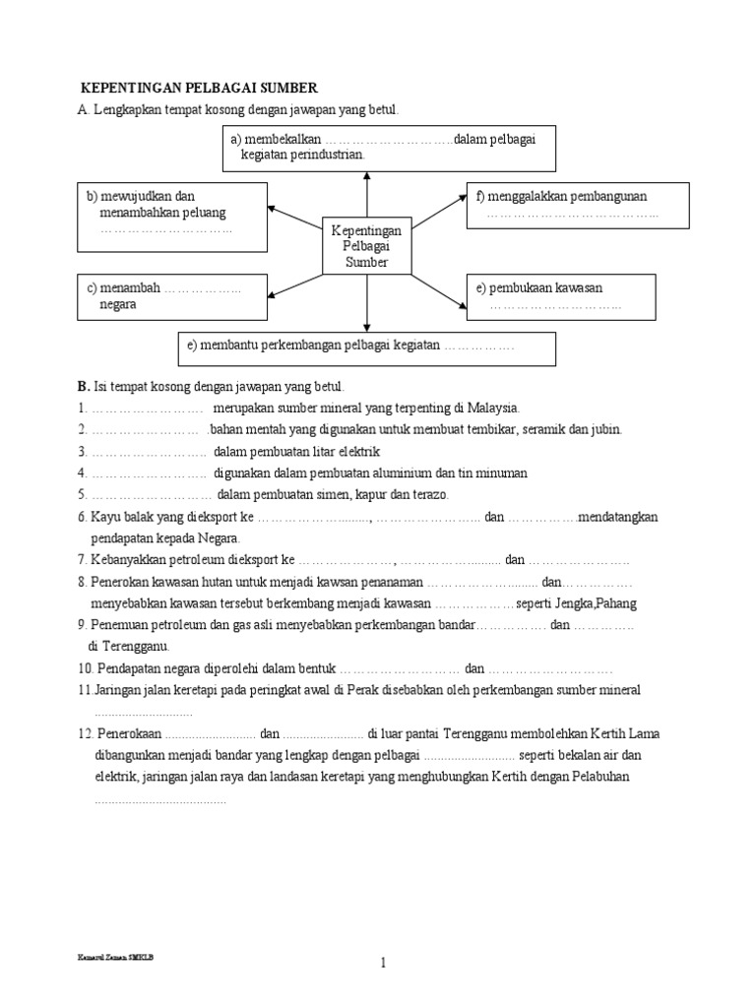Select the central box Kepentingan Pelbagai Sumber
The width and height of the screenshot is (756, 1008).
[366, 246]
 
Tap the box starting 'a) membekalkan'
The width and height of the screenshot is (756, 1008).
[389, 148]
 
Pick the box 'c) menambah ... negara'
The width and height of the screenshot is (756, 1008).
[171, 296]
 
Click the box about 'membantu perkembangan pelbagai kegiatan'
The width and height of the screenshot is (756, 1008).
[366, 347]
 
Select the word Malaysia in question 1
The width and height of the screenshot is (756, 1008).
[490, 408]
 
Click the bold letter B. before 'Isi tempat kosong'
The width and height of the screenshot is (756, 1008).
[84, 386]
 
